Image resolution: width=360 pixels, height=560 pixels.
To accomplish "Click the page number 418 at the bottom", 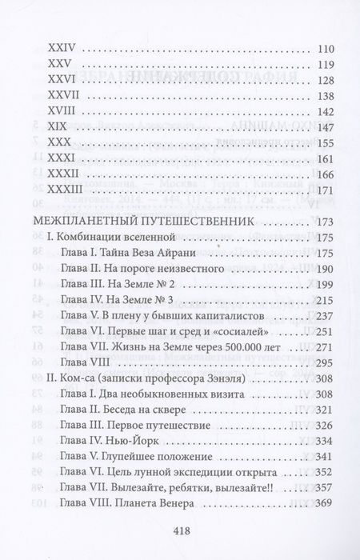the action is tap(179, 529).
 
